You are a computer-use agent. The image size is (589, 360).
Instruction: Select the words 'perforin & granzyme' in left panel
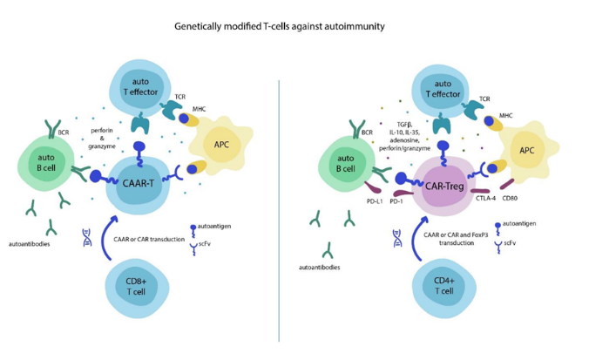[102, 139]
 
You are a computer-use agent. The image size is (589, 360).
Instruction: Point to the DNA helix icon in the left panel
[86, 236]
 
